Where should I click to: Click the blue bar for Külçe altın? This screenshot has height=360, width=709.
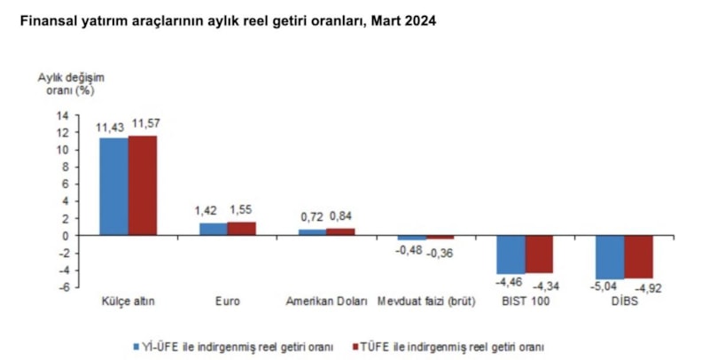113,186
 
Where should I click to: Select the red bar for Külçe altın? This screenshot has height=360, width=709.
142,185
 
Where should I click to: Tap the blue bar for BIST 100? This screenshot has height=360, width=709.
510,254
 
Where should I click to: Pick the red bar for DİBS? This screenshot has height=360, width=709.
638,256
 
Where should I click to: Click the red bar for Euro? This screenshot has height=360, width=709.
241,229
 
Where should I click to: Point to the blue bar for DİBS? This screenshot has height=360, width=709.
610,257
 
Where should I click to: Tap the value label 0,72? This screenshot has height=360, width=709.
313,216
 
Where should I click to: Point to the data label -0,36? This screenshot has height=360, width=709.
440,252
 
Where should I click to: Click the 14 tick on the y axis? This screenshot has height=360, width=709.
62,115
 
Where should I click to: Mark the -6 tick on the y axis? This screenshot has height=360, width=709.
62,287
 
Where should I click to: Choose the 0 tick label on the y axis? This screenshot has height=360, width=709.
65,236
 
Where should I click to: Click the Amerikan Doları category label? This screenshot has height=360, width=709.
326,301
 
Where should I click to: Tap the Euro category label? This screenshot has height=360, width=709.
227,301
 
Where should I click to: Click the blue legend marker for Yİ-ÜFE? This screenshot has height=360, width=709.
136,346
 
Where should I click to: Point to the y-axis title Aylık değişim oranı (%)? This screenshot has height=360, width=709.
69,83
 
